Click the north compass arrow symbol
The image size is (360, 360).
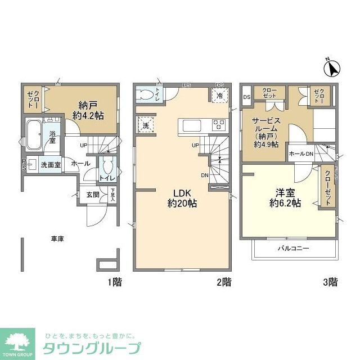(x=332, y=67)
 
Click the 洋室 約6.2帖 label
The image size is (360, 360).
(x=285, y=197)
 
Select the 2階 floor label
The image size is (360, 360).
(x=223, y=282)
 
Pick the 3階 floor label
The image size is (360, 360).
(x=330, y=282)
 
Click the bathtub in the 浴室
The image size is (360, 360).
(x=34, y=136)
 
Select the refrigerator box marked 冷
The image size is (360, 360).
(x=219, y=95)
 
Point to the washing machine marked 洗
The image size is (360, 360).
(x=146, y=125)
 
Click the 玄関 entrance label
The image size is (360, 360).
(x=93, y=195)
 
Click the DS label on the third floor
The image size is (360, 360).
(x=246, y=97)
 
